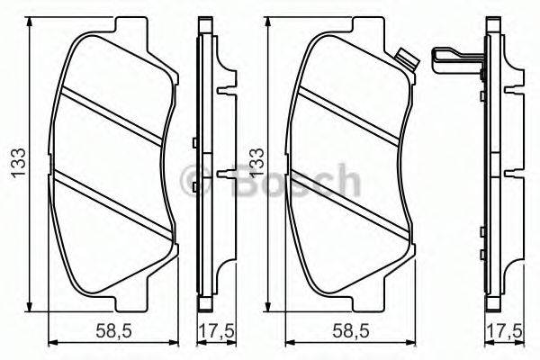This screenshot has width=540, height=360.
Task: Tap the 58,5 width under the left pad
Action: [111, 331]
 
